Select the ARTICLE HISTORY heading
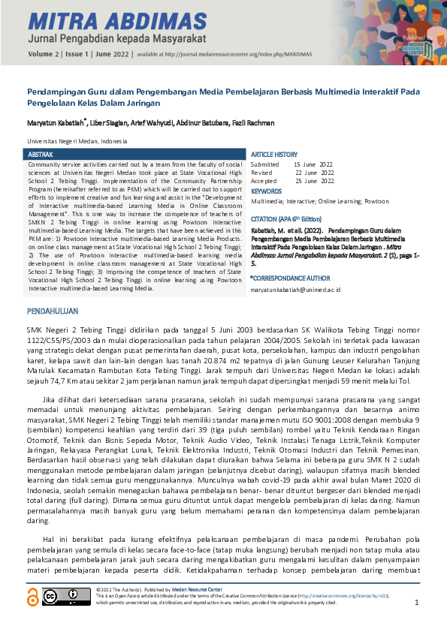point(274,154)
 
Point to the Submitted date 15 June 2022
point(313,164)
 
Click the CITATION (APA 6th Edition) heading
point(291,218)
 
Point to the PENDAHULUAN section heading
point(53,310)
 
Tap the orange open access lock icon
point(32,597)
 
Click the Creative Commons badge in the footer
point(66,597)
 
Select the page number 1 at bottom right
point(416,603)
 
